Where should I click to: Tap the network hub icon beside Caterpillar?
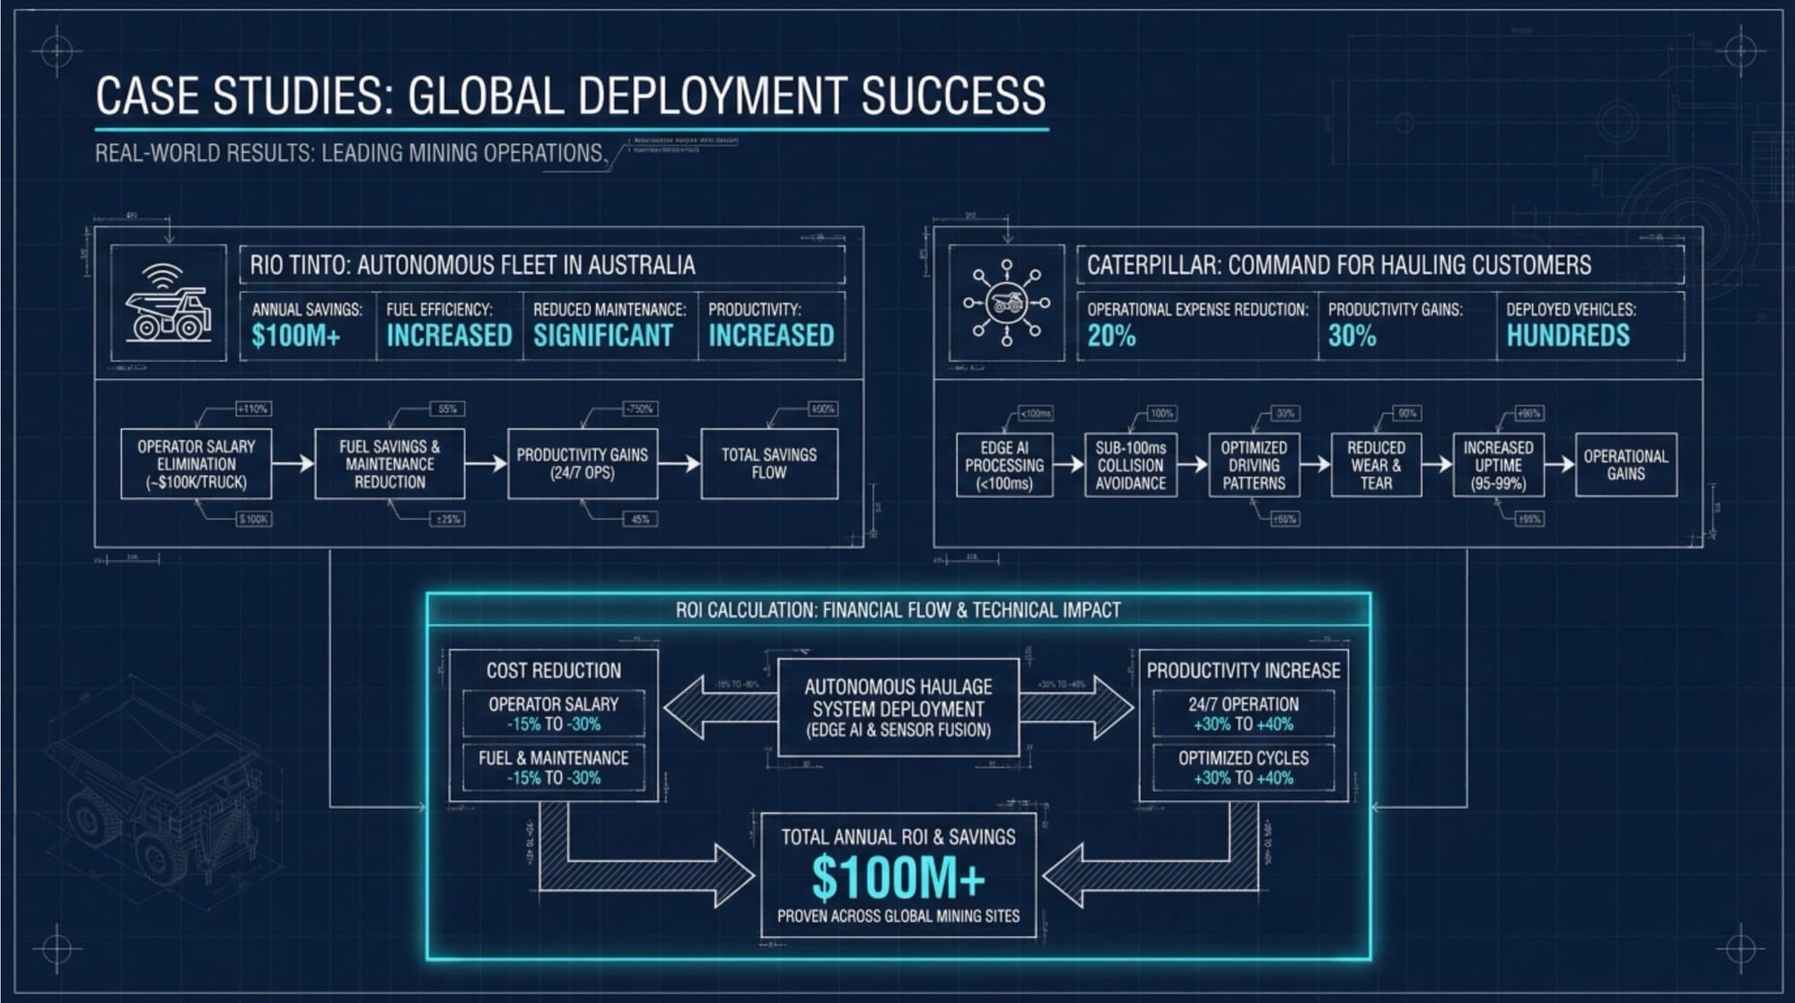(x=1006, y=304)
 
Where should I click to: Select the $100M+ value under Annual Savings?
(x=296, y=336)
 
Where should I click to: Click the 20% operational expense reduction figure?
(x=1111, y=336)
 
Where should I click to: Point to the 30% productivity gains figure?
(x=1352, y=336)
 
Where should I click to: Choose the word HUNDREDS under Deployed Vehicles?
(x=1567, y=336)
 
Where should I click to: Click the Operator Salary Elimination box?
(x=196, y=464)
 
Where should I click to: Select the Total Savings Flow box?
(x=768, y=464)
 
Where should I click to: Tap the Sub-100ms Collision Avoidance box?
(x=1130, y=465)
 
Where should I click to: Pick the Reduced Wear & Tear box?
(x=1376, y=465)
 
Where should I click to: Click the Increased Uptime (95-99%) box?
(x=1498, y=465)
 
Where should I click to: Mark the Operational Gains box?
(x=1625, y=465)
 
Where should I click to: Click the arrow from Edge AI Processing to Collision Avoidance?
(x=1069, y=464)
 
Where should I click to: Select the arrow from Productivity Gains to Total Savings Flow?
(x=679, y=463)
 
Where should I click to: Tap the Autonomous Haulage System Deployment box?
(x=897, y=708)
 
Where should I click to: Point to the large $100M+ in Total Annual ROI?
(x=897, y=878)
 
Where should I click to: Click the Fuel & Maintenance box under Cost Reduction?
(x=553, y=768)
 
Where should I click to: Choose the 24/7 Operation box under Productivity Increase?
(x=1243, y=714)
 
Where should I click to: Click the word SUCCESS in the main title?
(x=953, y=95)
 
